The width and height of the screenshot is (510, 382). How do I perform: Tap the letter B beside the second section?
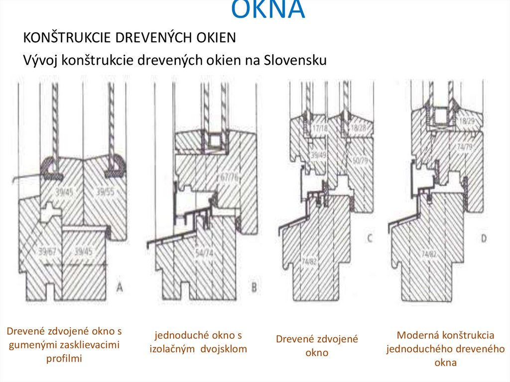(254, 287)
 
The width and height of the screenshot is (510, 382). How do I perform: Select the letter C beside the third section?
(370, 239)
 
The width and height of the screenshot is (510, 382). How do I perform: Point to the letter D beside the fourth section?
(483, 239)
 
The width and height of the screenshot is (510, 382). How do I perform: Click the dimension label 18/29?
(467, 122)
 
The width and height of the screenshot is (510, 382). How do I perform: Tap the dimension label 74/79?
(467, 145)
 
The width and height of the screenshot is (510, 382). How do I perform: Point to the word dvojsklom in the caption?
(224, 349)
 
